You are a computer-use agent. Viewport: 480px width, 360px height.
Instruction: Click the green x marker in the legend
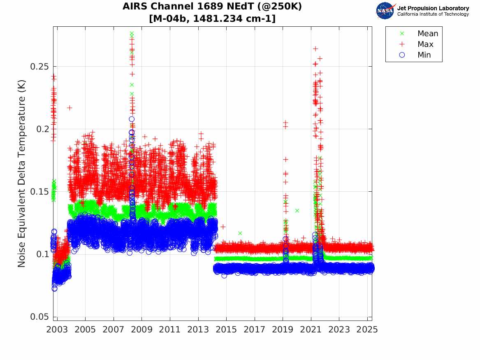pyautogui.click(x=402, y=34)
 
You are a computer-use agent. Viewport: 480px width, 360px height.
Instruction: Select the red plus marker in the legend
pyautogui.click(x=402, y=44)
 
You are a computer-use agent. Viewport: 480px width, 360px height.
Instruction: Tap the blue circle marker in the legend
pyautogui.click(x=402, y=55)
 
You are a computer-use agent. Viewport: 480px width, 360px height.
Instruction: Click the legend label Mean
pyautogui.click(x=428, y=34)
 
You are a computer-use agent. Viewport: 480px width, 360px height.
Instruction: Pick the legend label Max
pyautogui.click(x=425, y=44)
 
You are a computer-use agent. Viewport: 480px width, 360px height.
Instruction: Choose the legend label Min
pyautogui.click(x=424, y=55)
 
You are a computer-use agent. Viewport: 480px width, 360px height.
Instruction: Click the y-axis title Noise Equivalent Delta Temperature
pyautogui.click(x=22, y=173)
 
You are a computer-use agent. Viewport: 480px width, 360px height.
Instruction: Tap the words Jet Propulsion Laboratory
pyautogui.click(x=433, y=8)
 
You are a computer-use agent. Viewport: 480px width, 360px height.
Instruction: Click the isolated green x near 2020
pyautogui.click(x=297, y=211)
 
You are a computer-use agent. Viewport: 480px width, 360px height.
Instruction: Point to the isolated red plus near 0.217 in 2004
pyautogui.click(x=70, y=108)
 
